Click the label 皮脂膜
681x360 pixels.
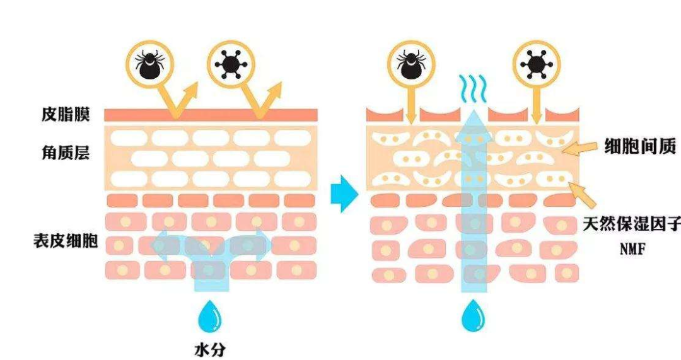tap(66, 115)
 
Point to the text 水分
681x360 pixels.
tap(210, 348)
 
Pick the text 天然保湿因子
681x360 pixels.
tap(631, 224)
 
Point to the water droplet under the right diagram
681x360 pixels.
tap(472, 316)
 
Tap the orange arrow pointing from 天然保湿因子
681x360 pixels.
tap(581, 193)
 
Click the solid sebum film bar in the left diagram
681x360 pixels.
tap(211, 115)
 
